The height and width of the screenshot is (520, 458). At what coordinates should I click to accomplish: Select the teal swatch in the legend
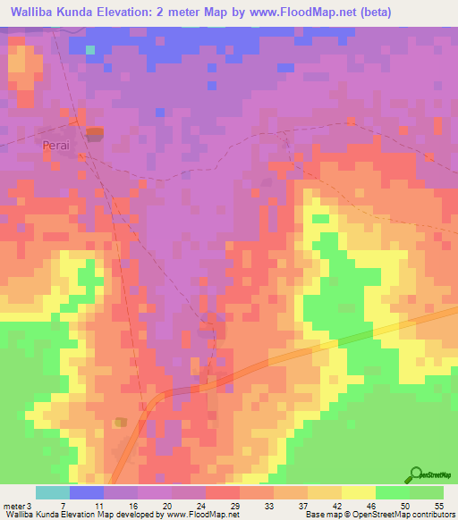pyautogui.click(x=53, y=492)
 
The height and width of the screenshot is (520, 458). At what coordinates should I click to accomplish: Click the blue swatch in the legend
pyautogui.click(x=87, y=492)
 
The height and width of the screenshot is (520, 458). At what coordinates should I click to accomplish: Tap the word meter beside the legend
pyautogui.click(x=14, y=505)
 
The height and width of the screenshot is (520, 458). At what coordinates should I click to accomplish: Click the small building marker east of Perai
pyautogui.click(x=94, y=133)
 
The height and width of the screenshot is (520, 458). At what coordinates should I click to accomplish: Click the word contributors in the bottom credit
pyautogui.click(x=429, y=515)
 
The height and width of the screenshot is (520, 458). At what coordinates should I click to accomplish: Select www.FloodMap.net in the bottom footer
pyautogui.click(x=195, y=515)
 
